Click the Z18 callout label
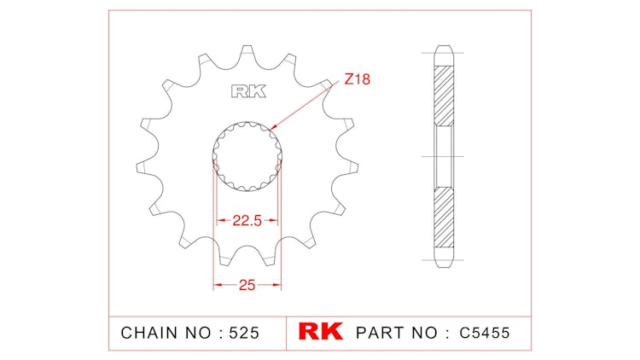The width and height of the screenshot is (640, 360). pos(357,79)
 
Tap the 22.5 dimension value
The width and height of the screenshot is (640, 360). pos(247,222)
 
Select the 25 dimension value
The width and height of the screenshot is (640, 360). pos(247,285)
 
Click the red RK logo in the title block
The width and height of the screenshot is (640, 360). pos(320,331)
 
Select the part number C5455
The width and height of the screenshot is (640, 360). pos(485,332)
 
